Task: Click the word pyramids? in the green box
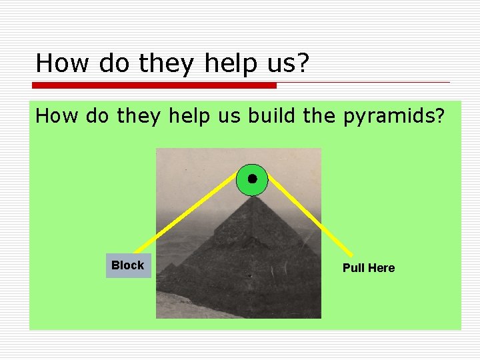click(394, 117)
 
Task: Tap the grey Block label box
click(128, 265)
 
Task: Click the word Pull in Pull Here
click(353, 268)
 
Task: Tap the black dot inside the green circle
click(252, 179)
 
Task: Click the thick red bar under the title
click(154, 85)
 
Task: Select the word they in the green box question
click(139, 116)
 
